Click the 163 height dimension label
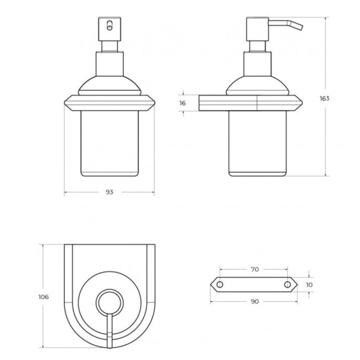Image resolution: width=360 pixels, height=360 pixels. coord(324,99)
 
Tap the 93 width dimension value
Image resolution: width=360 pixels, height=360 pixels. coord(109,192)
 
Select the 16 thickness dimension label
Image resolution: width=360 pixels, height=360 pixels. coord(183,103)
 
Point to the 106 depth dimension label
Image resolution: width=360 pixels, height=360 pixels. coord(44,297)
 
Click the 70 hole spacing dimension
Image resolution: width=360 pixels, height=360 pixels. coord(255,269)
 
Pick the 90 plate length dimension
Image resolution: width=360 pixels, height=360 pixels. coord(255,301)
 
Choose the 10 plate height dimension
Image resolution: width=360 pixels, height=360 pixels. coord(309,285)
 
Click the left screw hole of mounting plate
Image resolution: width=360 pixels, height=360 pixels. coord(220,285)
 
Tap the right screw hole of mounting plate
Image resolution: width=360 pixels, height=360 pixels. coord(288,285)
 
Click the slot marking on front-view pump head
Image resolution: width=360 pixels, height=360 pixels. coord(110,26)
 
